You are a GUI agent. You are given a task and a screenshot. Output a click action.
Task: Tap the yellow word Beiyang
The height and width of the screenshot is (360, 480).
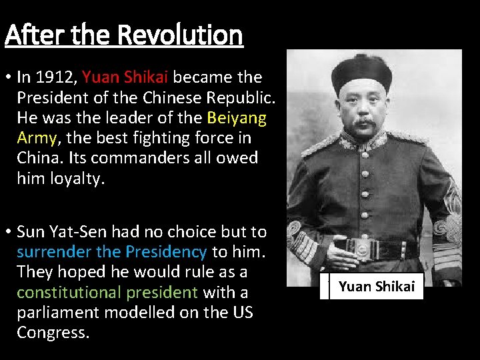pos(237,119)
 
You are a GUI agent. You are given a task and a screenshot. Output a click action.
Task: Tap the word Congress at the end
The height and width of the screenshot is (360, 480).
pos(53,332)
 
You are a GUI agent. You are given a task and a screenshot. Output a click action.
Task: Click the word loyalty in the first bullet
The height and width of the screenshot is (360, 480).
pos(79,179)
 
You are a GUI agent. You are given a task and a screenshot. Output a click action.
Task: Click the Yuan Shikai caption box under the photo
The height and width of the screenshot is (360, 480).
pos(377,287)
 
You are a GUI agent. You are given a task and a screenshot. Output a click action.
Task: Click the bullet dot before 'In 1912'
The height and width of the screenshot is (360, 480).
pos(7,78)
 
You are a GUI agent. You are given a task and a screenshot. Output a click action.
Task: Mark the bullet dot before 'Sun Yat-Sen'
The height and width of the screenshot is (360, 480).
pos(7,232)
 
